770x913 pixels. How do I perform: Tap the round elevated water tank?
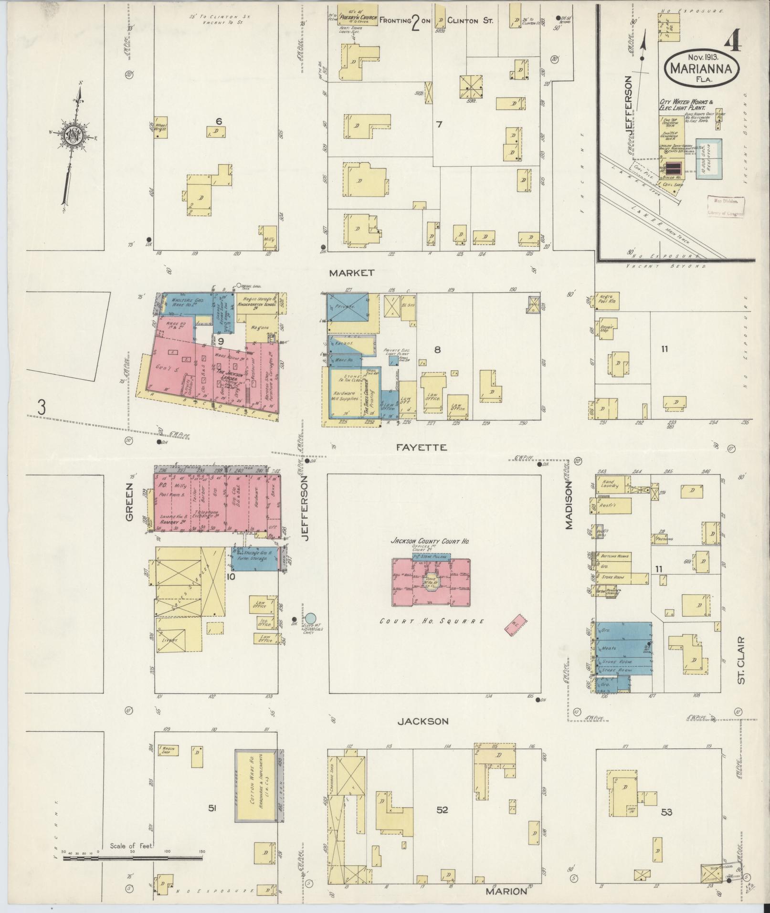pyautogui.click(x=311, y=619)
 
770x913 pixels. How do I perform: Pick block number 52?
pyautogui.click(x=442, y=809)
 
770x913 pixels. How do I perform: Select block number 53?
pyautogui.click(x=666, y=811)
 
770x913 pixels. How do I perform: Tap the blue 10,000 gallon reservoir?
pyautogui.click(x=708, y=159)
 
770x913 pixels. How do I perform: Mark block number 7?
pyautogui.click(x=439, y=125)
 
